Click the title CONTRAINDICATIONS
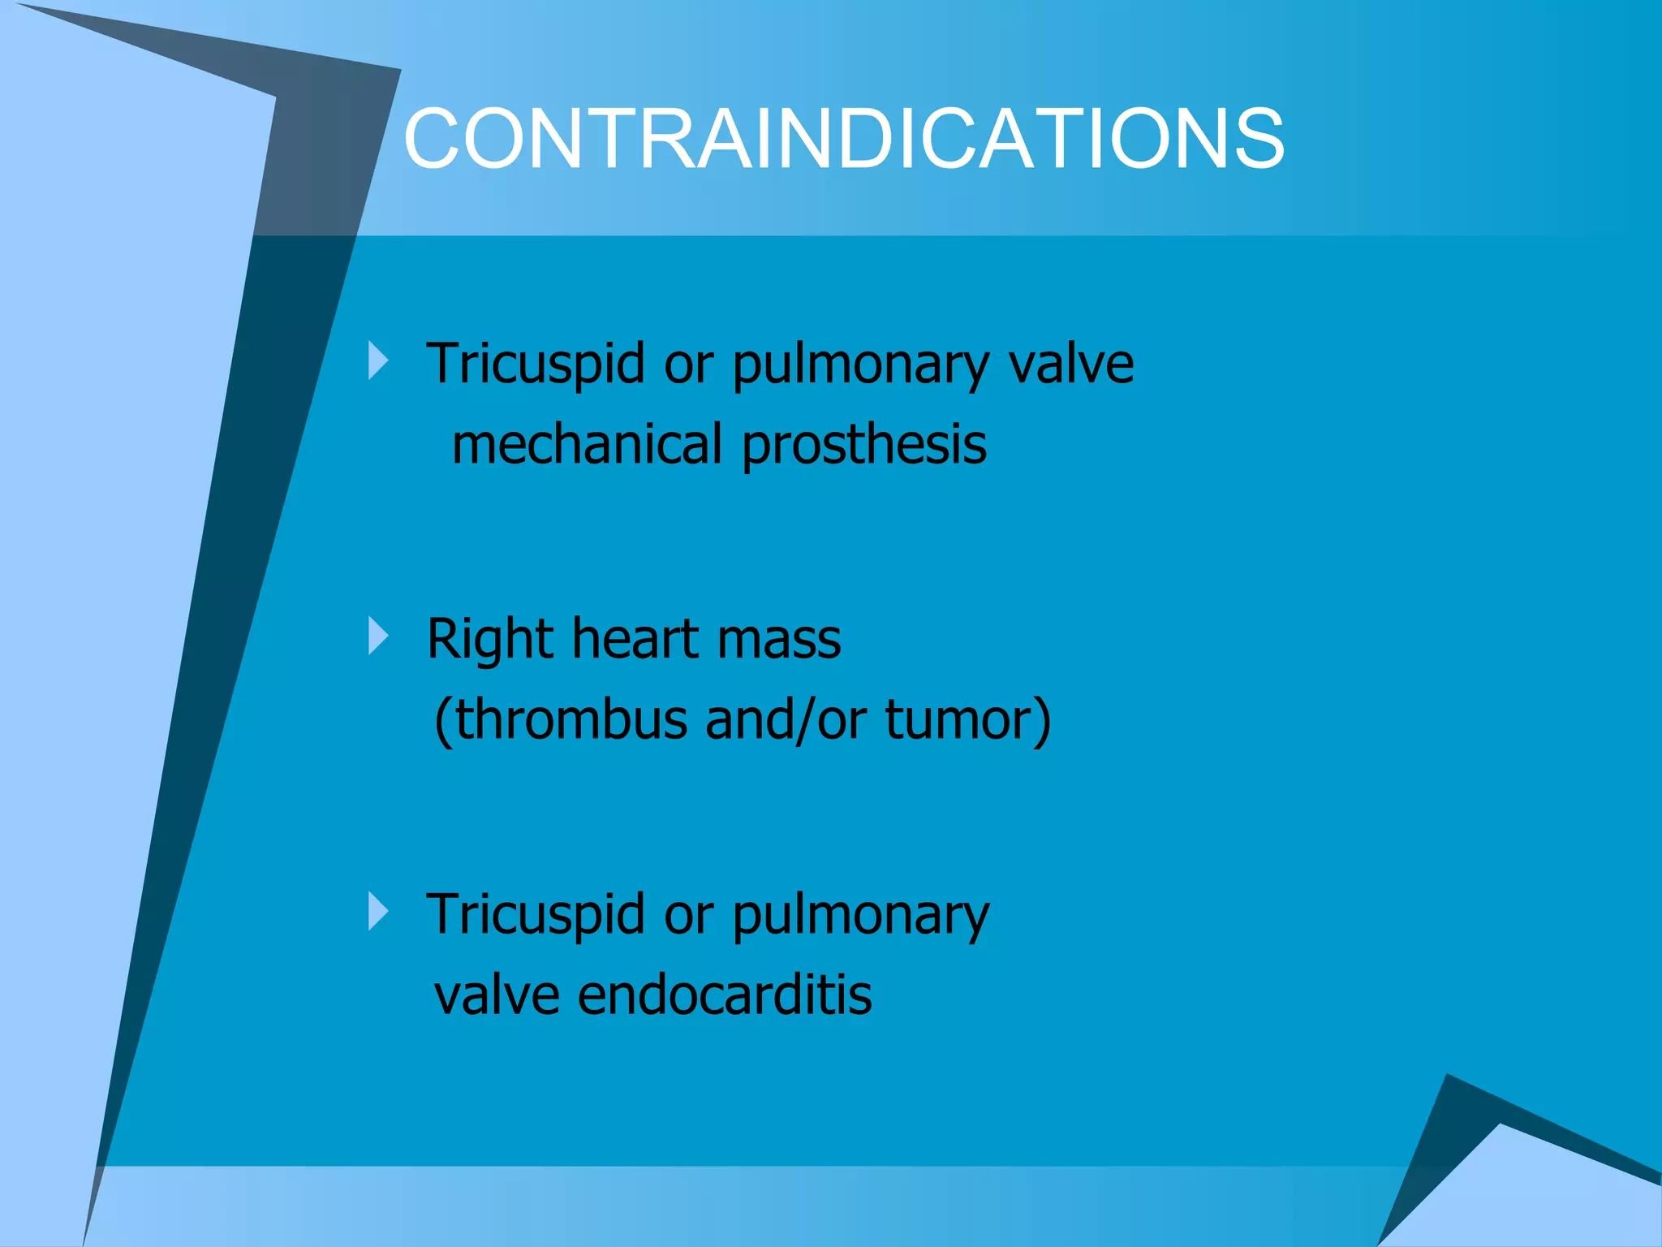tap(844, 139)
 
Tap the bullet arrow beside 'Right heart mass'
tap(378, 636)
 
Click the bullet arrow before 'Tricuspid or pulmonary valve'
tap(378, 360)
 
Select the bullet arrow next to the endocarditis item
tap(378, 912)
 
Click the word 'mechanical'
tap(587, 444)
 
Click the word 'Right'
tap(490, 639)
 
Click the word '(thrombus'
tap(561, 720)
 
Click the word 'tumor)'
tap(967, 720)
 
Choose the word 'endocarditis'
tap(725, 995)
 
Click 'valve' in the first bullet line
tap(1070, 364)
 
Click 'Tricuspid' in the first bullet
tap(536, 364)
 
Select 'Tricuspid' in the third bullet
tap(536, 915)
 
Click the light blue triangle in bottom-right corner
tap(1526, 1193)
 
